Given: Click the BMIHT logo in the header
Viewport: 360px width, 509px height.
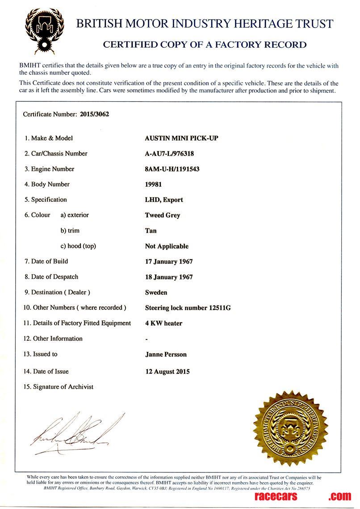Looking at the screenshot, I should (x=45, y=30).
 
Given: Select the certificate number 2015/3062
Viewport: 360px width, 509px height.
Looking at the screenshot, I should (x=95, y=114).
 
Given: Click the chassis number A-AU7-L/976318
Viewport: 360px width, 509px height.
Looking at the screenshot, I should (x=169, y=154).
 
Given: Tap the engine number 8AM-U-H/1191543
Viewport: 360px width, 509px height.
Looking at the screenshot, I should (x=172, y=169).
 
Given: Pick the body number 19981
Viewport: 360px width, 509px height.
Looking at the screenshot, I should (x=154, y=184).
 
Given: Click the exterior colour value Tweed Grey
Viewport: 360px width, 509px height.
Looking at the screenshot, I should (x=163, y=215).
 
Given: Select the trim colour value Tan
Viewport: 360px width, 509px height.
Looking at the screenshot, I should (x=151, y=231).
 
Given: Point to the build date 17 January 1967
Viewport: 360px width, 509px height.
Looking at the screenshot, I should (x=169, y=262).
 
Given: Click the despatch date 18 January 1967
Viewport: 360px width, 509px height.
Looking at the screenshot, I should (x=169, y=277).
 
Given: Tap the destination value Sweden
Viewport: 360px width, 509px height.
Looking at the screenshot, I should (x=156, y=292).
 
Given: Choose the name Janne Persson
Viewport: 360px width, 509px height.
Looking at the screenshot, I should (x=166, y=355).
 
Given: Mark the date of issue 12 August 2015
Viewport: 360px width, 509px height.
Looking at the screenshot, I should (x=167, y=371).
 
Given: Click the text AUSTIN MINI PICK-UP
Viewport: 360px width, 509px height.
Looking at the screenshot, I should (x=182, y=138).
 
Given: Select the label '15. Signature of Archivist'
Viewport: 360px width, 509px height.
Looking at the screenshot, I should (x=59, y=387).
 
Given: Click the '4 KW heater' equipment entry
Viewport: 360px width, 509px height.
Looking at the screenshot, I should (x=163, y=323).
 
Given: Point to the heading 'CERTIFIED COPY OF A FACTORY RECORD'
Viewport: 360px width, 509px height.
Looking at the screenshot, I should (x=205, y=45).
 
